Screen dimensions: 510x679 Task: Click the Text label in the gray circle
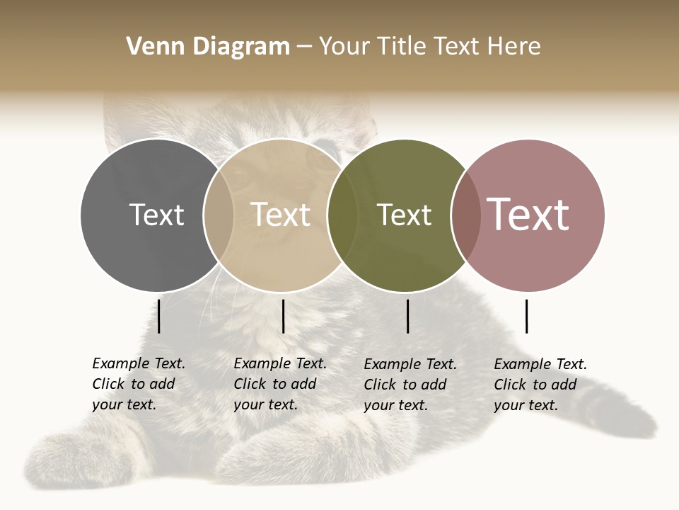pyautogui.click(x=156, y=215)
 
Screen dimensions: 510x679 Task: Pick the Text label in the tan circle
pyautogui.click(x=281, y=215)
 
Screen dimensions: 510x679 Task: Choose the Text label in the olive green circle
pyautogui.click(x=404, y=215)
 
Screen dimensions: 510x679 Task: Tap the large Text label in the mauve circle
pyautogui.click(x=528, y=215)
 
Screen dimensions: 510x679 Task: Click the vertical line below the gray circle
pyautogui.click(x=159, y=316)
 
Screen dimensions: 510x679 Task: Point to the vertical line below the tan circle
pyautogui.click(x=283, y=316)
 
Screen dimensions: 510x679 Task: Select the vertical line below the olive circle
pyautogui.click(x=408, y=316)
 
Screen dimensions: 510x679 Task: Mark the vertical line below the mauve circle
pyautogui.click(x=526, y=316)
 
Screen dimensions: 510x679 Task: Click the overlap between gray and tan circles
pyautogui.click(x=219, y=215)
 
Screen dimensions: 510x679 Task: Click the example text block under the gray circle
pyautogui.click(x=139, y=384)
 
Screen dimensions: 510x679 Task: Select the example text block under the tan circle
pyautogui.click(x=280, y=384)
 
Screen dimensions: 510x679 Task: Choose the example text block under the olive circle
pyautogui.click(x=410, y=385)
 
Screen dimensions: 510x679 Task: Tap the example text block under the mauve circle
pyautogui.click(x=540, y=385)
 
